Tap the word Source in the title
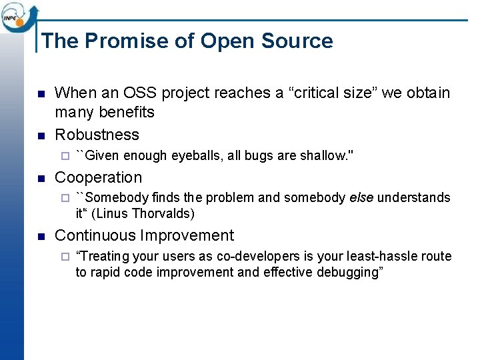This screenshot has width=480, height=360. click(x=297, y=41)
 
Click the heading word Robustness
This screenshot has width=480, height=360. click(x=97, y=135)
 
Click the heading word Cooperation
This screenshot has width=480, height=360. click(x=98, y=177)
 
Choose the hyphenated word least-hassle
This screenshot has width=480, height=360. click(x=382, y=257)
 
